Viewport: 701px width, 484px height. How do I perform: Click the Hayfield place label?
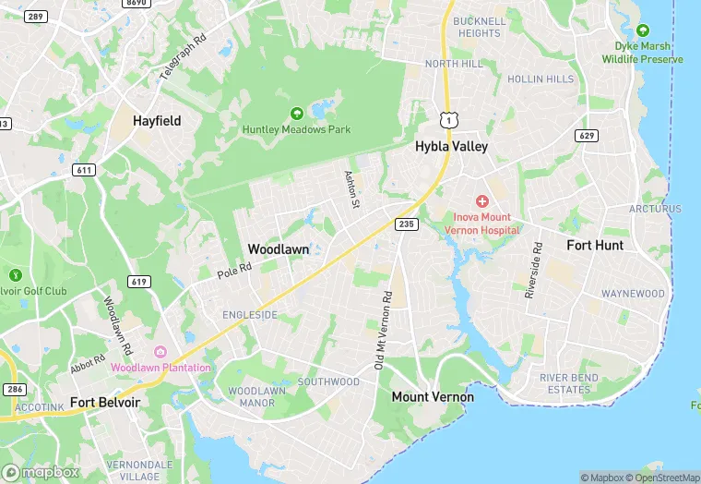point(157,121)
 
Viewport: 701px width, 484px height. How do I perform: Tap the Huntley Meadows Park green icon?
point(296,114)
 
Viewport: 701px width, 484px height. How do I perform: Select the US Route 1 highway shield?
point(447,120)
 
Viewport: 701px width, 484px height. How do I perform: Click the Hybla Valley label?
point(451,146)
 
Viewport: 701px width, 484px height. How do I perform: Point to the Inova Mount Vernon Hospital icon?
point(481,201)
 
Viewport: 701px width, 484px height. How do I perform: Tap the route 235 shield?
point(405,224)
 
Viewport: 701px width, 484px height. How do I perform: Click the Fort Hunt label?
point(595,246)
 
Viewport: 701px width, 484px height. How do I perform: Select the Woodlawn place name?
point(277,249)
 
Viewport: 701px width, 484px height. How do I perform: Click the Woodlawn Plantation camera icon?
point(160,352)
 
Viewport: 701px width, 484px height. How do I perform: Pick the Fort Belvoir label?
point(105,404)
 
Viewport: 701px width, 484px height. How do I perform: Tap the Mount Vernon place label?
point(433,397)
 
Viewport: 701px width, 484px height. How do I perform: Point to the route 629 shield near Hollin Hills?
point(585,137)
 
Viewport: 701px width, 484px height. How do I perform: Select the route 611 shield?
point(85,170)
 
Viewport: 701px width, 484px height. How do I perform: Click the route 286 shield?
point(15,390)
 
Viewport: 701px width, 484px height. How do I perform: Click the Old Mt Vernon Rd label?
point(382,331)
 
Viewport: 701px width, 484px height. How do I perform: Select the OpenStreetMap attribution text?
point(661,478)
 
